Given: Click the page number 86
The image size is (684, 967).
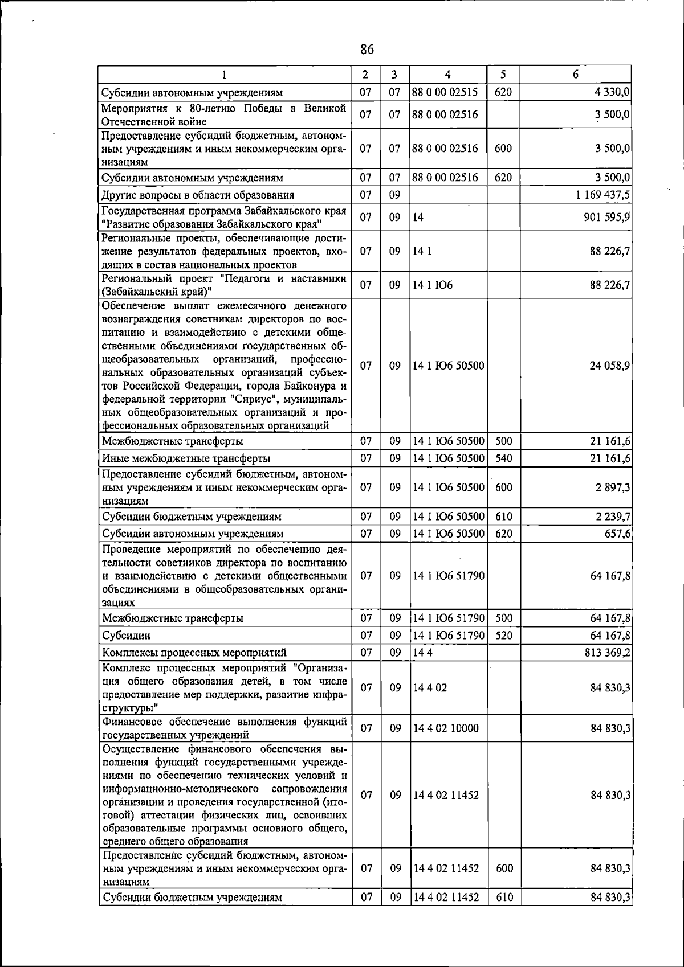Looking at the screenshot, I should click(x=367, y=50).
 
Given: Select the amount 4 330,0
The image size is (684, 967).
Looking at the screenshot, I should click(x=610, y=92).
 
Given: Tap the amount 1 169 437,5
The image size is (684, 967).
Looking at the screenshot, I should click(x=602, y=195).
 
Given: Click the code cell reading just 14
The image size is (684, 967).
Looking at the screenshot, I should click(x=418, y=218).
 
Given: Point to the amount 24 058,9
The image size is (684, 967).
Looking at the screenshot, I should click(x=609, y=366).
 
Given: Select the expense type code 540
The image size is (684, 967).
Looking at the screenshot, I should click(x=503, y=458).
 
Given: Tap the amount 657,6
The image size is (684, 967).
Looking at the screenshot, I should click(x=616, y=534).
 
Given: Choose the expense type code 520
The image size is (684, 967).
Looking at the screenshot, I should click(x=503, y=636).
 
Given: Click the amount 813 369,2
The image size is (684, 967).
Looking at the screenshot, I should click(x=606, y=653).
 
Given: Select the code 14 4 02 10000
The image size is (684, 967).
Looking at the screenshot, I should click(x=446, y=728).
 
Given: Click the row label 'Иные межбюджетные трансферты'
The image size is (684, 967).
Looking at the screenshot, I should click(x=186, y=458).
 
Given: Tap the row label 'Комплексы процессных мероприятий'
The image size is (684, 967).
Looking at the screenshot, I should click(x=194, y=653).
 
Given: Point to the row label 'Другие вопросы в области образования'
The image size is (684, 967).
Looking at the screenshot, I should click(x=198, y=195).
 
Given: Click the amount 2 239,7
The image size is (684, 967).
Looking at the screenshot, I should click(x=610, y=517).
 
